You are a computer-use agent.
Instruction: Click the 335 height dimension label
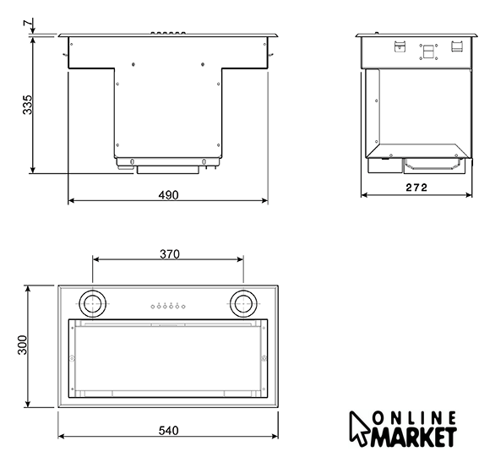(x=28, y=105)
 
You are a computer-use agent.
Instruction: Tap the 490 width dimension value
(x=168, y=195)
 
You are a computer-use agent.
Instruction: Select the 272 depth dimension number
(x=416, y=188)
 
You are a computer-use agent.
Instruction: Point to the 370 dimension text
(x=170, y=254)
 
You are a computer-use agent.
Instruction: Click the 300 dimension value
(x=23, y=345)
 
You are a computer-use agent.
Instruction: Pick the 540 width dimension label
(x=168, y=431)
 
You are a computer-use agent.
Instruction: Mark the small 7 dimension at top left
(x=28, y=23)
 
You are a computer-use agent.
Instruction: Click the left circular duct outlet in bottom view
(x=93, y=304)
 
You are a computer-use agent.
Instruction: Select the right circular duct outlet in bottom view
(x=243, y=304)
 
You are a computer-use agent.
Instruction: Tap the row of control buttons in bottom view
(x=168, y=306)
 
